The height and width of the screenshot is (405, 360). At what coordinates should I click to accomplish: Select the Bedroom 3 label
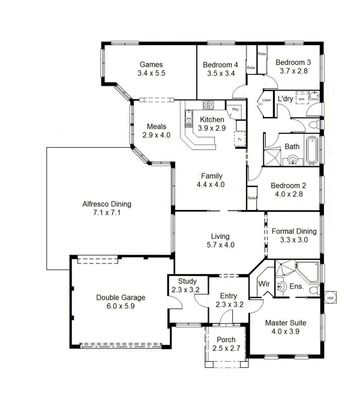(x=294, y=62)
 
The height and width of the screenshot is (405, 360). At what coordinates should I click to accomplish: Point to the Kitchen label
(x=211, y=119)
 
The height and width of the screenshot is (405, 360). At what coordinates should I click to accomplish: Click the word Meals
(x=157, y=126)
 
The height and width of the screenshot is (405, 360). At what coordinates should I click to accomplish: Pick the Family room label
(x=210, y=176)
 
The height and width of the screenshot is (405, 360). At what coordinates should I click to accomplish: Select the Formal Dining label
(x=293, y=232)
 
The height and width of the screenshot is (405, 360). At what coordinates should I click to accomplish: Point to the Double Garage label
(x=120, y=297)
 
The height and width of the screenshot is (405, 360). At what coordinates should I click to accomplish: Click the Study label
(x=188, y=281)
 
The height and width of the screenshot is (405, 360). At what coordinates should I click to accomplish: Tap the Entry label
(x=230, y=295)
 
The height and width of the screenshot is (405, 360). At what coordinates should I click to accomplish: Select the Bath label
(x=292, y=148)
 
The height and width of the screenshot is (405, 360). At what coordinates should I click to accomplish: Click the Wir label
(x=264, y=283)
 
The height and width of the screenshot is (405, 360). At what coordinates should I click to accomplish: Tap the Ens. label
(x=296, y=287)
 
